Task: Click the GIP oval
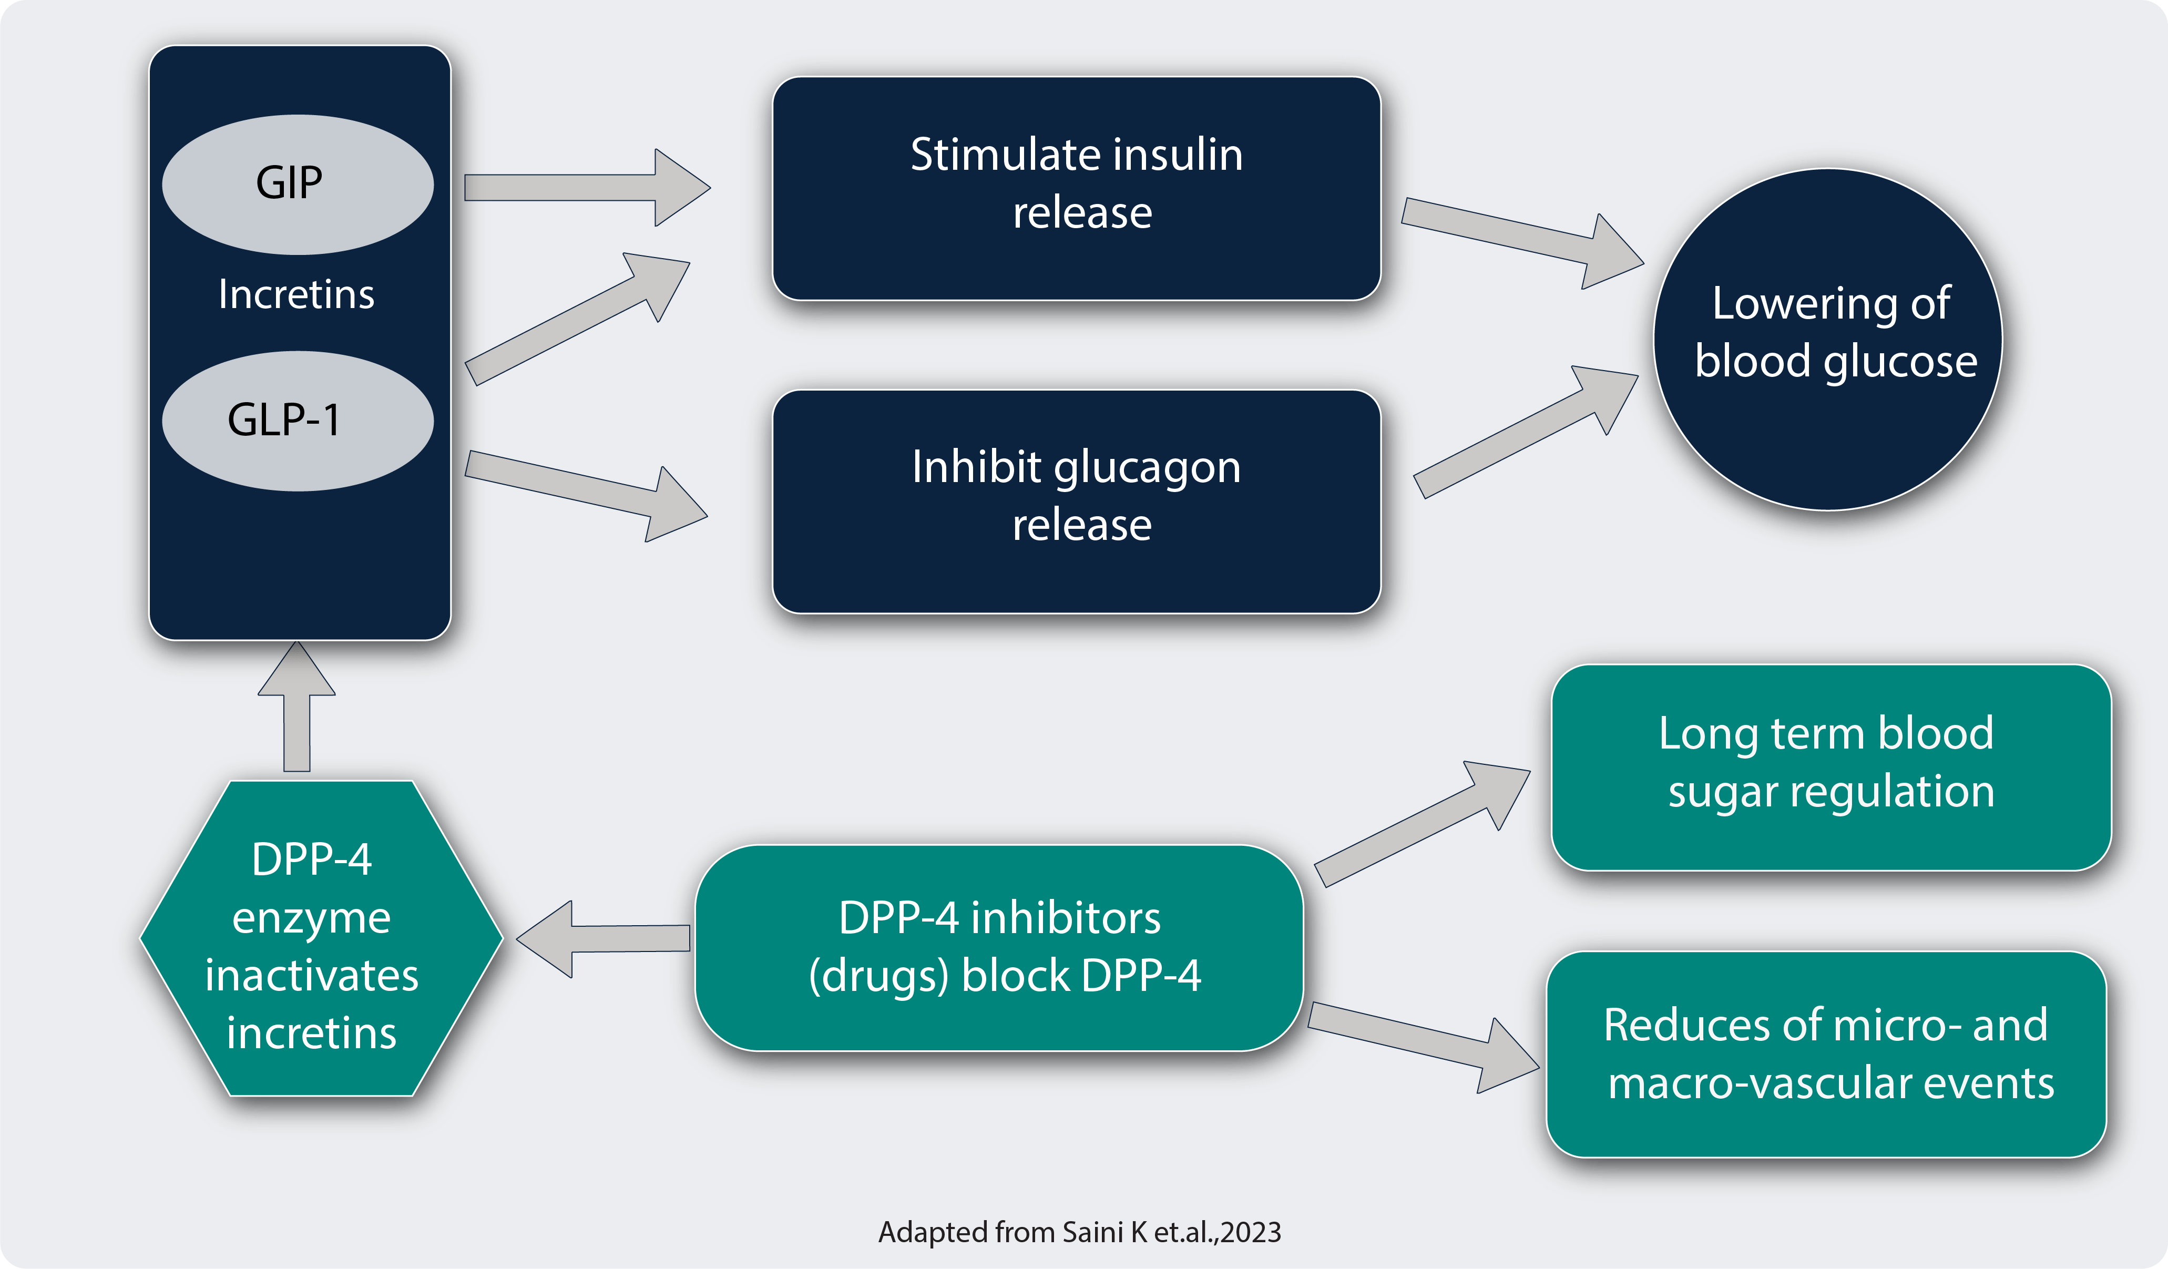(298, 185)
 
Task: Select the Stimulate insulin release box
(1076, 188)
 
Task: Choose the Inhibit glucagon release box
(1076, 502)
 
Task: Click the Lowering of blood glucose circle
(1828, 339)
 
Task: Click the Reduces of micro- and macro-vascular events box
(1826, 1054)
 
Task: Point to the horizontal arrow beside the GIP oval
(588, 188)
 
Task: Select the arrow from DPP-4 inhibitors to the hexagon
(603, 939)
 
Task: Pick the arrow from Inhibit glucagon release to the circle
(1526, 432)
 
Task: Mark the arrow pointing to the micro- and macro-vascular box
(1424, 1047)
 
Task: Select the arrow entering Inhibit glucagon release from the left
(586, 496)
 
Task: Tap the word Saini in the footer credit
(1092, 1232)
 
